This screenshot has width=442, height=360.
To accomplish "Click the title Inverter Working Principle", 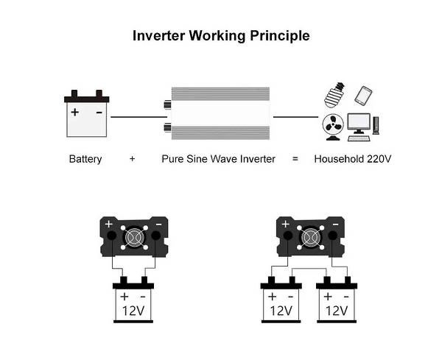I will point(220,35).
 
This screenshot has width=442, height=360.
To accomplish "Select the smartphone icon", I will point(362,96).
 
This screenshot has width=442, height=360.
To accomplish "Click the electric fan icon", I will point(331,126).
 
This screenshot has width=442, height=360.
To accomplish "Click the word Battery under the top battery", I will point(85,158).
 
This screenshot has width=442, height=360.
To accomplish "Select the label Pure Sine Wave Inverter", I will point(218,158).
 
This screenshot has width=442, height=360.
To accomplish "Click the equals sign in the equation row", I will point(295,158).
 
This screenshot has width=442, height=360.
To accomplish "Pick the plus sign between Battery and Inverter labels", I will point(132,158).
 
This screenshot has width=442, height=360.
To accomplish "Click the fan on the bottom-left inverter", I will point(134,237).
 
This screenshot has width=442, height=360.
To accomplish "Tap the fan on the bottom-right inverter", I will point(308,237).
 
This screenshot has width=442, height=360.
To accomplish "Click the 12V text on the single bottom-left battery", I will point(134,310).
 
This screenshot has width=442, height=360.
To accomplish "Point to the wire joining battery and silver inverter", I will point(137,116).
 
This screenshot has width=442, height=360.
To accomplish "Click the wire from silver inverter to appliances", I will point(295,116).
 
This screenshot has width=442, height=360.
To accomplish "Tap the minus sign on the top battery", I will point(99,113).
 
